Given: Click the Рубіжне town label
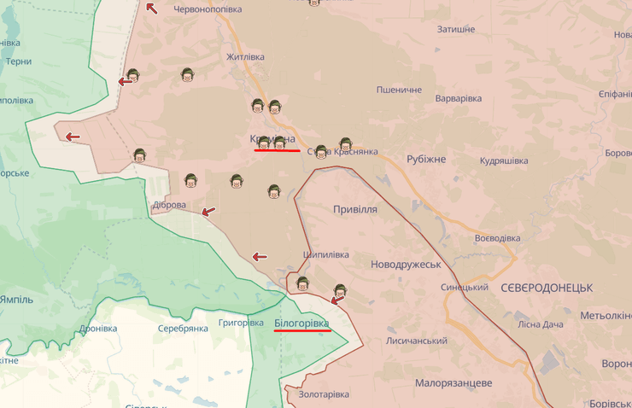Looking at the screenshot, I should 426,160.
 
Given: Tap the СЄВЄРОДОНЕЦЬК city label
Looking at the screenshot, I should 547,288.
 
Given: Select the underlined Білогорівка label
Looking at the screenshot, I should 301,323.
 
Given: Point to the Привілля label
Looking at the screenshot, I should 354,209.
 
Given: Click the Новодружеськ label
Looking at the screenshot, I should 406,265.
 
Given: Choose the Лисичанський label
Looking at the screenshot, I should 418,341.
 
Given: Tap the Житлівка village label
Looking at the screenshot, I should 245,57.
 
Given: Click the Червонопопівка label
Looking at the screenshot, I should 209,9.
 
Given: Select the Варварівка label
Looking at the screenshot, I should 458,98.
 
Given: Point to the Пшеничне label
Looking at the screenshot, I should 400,90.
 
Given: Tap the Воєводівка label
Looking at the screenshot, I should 497,238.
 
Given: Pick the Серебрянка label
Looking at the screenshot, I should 183,329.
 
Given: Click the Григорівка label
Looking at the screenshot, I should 241,323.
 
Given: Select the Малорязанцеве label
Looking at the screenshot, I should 454,382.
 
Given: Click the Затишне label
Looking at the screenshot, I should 455,29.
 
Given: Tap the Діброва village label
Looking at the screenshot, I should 168,205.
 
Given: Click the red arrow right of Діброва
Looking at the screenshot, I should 208,211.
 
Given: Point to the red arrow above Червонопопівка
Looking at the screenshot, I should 151,8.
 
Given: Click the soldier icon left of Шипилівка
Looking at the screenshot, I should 301,283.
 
